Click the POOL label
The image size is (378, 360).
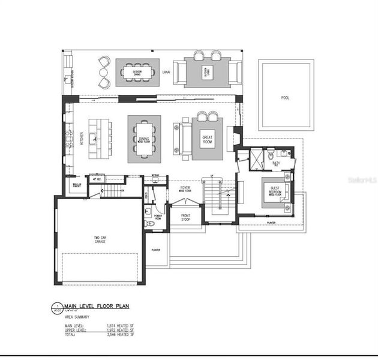coord(285,98)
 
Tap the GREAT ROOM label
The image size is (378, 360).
coord(208,139)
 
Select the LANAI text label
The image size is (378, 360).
coord(166,73)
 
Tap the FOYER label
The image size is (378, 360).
coord(186,189)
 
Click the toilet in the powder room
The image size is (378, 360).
coord(148,224)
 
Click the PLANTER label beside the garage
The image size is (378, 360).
coord(156,250)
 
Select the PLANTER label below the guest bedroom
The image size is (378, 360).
coord(271,223)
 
